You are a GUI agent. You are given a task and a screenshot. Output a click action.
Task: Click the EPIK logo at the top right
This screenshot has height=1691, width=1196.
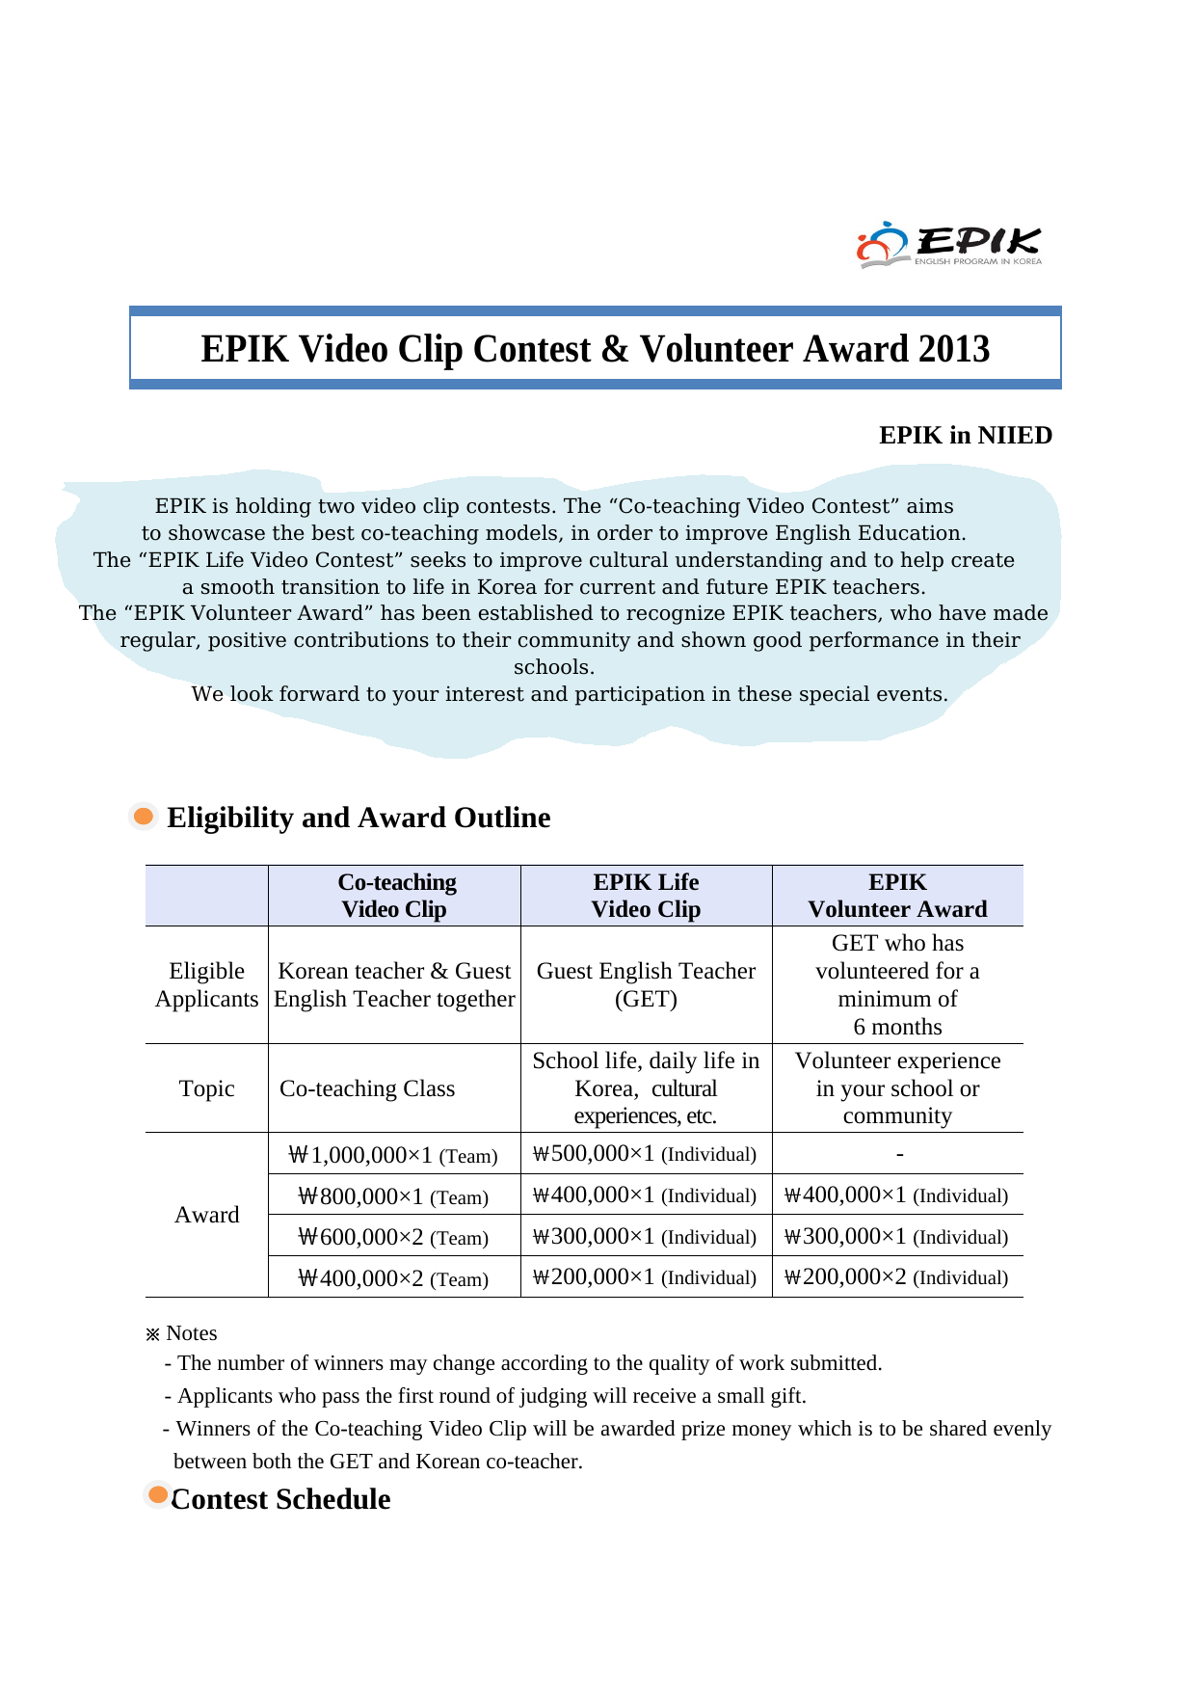pyautogui.click(x=948, y=245)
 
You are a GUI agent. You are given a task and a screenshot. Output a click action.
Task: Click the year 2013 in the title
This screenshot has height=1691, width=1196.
pyautogui.click(x=953, y=349)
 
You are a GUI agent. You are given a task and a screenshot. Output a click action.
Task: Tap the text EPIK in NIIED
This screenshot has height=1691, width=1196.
pyautogui.click(x=965, y=436)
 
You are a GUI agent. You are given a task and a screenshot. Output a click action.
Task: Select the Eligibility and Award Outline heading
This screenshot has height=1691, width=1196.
pyautogui.click(x=359, y=818)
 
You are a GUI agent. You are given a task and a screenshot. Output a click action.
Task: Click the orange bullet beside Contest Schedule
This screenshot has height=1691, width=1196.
pyautogui.click(x=158, y=1495)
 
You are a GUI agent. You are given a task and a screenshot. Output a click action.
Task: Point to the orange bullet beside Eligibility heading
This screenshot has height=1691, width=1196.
pyautogui.click(x=144, y=817)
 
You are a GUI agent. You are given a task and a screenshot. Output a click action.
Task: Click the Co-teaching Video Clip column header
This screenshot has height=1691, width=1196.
pyautogui.click(x=395, y=896)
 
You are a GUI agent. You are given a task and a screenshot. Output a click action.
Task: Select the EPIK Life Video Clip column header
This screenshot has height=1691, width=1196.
pyautogui.click(x=646, y=896)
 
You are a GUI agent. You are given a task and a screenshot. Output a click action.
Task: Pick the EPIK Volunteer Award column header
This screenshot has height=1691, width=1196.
pyautogui.click(x=897, y=896)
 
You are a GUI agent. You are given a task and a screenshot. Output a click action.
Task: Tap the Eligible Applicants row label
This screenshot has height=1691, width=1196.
pyautogui.click(x=206, y=984)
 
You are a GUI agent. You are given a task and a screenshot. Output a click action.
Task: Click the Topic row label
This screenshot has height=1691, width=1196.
pyautogui.click(x=206, y=1088)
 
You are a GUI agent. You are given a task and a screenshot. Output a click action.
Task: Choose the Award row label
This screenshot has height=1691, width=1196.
pyautogui.click(x=206, y=1215)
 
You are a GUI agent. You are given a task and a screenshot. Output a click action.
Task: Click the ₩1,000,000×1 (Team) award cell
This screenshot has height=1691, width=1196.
pyautogui.click(x=393, y=1155)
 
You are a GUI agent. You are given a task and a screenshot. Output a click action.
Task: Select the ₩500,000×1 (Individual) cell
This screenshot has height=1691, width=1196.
pyautogui.click(x=645, y=1154)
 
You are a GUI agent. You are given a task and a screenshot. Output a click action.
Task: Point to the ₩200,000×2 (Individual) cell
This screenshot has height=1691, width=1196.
pyautogui.click(x=896, y=1277)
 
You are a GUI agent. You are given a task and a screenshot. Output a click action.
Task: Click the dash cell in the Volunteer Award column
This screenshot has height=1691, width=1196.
pyautogui.click(x=899, y=1154)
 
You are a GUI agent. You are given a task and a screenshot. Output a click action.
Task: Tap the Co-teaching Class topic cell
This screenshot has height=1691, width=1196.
pyautogui.click(x=367, y=1088)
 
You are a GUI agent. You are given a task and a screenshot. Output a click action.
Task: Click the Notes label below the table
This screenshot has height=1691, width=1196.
pyautogui.click(x=191, y=1333)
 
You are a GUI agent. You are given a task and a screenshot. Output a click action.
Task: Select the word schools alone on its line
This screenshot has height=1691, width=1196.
pyautogui.click(x=554, y=667)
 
